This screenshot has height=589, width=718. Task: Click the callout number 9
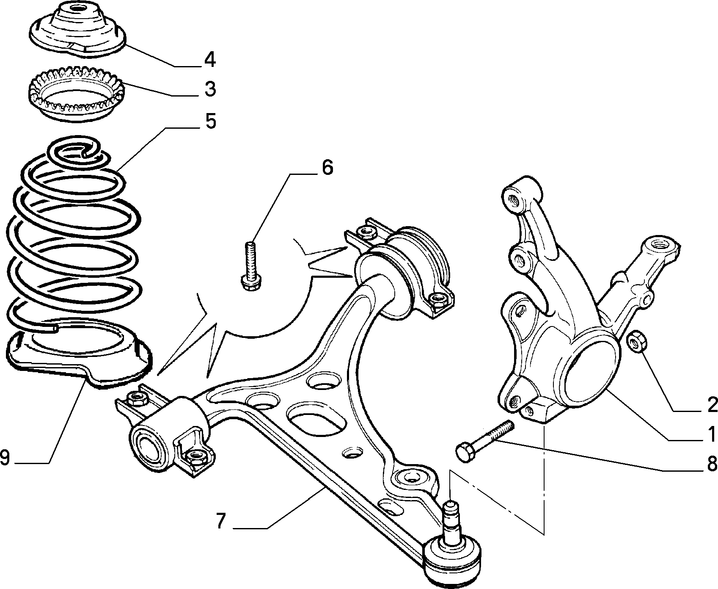pyautogui.click(x=5, y=457)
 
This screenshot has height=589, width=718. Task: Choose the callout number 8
pyautogui.click(x=711, y=464)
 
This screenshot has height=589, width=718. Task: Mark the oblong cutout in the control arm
pyautogui.click(x=314, y=415)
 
